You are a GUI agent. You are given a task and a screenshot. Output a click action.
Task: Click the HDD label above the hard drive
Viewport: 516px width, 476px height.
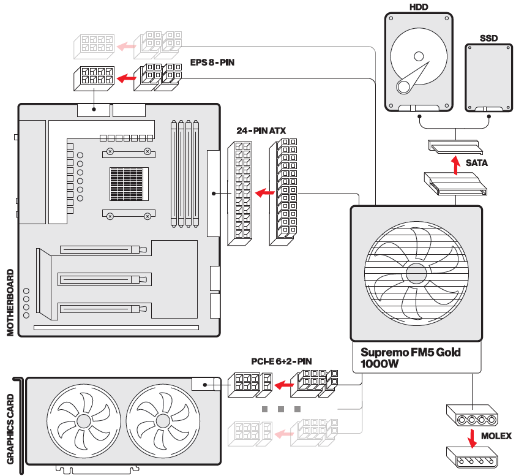[419, 7]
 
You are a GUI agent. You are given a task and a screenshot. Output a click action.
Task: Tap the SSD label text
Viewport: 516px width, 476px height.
[489, 38]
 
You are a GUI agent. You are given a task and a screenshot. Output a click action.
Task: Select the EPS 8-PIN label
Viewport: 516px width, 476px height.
[212, 62]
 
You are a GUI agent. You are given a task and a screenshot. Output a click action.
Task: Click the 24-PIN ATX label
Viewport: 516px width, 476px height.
[261, 130]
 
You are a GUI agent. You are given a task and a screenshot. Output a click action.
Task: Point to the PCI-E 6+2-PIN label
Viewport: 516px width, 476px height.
[282, 361]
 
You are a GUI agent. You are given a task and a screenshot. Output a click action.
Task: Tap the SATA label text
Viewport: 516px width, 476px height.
[477, 164]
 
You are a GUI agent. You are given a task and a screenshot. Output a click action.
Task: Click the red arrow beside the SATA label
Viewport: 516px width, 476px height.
[455, 164]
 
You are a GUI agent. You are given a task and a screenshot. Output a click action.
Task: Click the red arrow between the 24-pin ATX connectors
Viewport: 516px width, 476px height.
[264, 193]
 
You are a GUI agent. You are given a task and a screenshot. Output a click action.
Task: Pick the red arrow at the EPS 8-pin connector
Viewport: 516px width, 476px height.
[126, 78]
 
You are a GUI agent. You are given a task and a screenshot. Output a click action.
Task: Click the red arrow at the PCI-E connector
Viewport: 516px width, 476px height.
[283, 385]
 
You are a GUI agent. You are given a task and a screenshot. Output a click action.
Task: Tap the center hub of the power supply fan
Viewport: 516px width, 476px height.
[416, 273]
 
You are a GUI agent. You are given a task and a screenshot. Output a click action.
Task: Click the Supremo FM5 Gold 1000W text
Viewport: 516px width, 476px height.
[410, 358]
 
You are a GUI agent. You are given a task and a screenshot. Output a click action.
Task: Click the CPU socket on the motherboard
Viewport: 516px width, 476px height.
[129, 184]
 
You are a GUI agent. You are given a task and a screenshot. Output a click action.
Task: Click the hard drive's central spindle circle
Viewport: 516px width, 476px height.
[419, 56]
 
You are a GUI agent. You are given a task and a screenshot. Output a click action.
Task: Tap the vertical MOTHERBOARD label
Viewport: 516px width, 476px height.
[10, 301]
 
